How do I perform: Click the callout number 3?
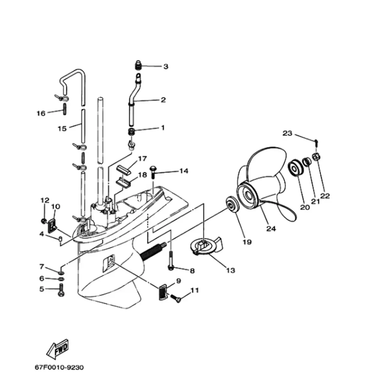[x=166, y=67]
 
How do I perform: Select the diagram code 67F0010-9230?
[x=59, y=367]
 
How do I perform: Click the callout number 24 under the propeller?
[x=271, y=228]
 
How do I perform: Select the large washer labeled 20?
[x=295, y=167]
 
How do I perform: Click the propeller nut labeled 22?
[x=316, y=157]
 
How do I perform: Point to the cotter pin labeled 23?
[x=316, y=141]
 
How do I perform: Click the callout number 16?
[x=41, y=113]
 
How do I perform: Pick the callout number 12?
[x=45, y=200]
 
